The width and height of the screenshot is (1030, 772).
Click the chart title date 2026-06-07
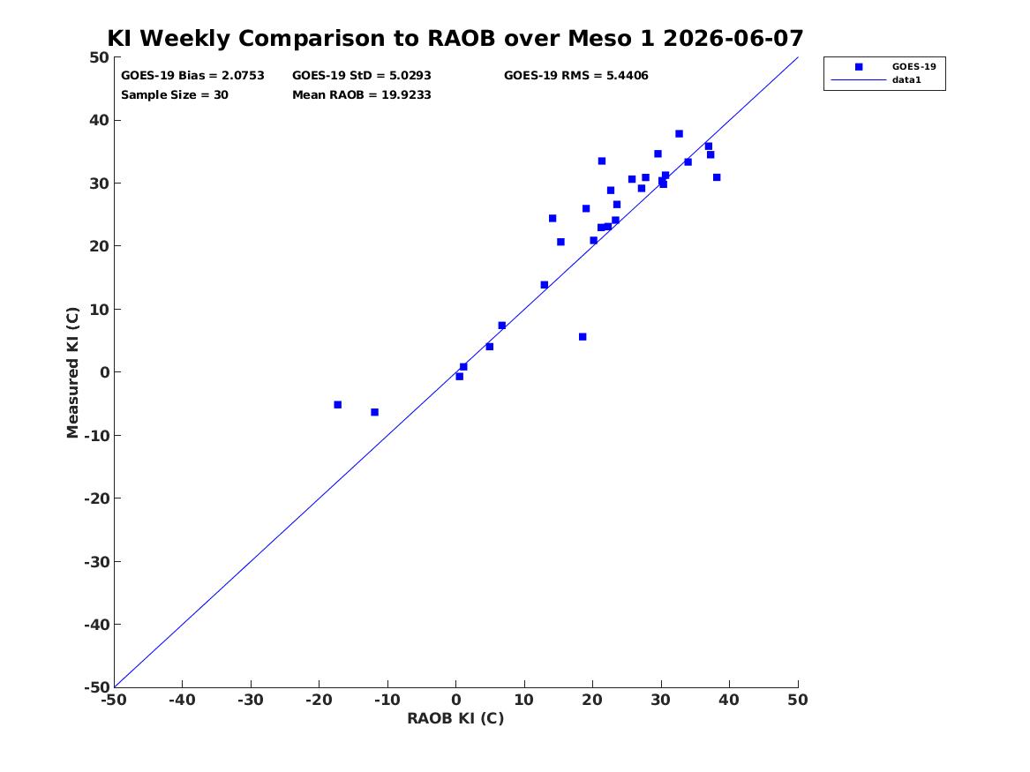click(733, 38)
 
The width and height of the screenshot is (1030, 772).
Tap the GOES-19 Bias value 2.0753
click(243, 76)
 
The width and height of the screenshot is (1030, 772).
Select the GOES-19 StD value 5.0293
click(410, 76)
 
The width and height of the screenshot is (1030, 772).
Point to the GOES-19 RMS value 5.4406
click(627, 76)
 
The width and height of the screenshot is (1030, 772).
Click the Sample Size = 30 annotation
click(175, 94)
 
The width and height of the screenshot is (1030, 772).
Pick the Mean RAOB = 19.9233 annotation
click(362, 94)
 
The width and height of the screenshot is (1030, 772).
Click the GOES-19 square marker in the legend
click(859, 66)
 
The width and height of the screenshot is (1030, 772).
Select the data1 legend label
click(906, 80)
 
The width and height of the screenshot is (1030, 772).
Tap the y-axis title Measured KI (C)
click(72, 372)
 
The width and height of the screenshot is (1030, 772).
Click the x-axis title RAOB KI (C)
click(456, 718)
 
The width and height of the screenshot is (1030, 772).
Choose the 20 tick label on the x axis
click(592, 700)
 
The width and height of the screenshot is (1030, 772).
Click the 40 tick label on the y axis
click(99, 120)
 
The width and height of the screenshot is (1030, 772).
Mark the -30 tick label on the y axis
click(96, 561)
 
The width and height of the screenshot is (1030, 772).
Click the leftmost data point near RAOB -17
click(338, 405)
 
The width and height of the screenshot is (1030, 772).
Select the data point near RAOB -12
click(374, 412)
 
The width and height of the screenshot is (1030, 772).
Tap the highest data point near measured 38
click(680, 134)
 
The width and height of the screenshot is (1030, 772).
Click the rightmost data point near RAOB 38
click(717, 177)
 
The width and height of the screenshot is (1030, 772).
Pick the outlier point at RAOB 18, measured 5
click(583, 337)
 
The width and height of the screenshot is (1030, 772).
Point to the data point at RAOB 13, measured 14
click(545, 285)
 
